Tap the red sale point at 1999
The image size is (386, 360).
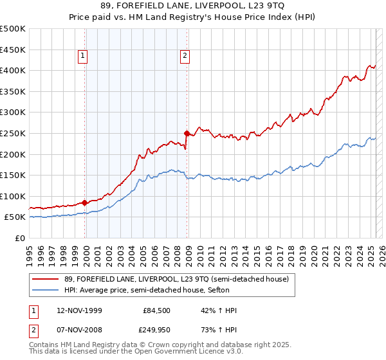tap(85, 203)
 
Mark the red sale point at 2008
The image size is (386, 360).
tap(187, 134)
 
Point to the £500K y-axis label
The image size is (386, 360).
tap(13, 29)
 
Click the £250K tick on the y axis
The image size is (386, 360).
tap(13, 133)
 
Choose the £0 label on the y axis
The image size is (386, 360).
tap(21, 238)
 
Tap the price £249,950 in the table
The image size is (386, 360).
tap(156, 329)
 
